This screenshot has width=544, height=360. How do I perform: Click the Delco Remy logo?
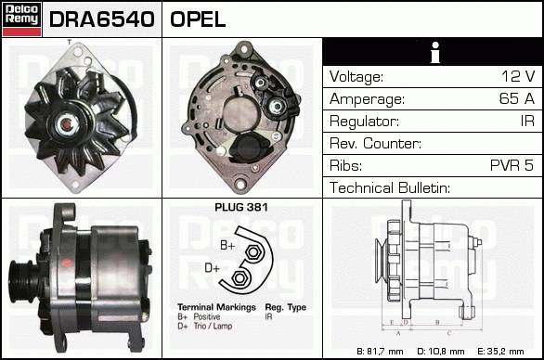point(22,19)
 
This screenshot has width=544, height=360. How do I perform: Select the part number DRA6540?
point(102,19)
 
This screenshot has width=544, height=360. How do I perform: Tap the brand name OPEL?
point(198,19)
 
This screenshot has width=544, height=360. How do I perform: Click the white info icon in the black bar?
point(435,52)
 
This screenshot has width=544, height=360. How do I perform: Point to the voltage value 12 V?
point(518,76)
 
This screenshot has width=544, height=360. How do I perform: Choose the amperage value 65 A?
point(516,98)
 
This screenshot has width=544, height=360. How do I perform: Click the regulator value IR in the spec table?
point(527,121)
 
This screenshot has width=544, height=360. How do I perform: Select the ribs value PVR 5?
point(512,165)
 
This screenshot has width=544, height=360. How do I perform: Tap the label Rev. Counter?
point(375,143)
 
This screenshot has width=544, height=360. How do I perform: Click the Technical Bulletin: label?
point(390,187)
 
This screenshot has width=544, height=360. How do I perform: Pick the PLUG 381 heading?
point(241,208)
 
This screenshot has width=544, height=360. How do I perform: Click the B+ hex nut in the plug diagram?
point(253,252)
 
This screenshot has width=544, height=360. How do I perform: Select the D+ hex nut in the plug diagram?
point(239,277)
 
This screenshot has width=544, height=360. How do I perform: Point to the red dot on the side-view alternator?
point(66,263)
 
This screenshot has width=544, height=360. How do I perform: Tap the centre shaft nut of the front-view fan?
point(66,124)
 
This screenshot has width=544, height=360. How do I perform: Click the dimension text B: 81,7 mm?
point(380,352)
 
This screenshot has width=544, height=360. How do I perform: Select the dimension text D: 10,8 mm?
point(441,352)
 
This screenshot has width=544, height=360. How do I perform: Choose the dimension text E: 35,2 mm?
point(500,352)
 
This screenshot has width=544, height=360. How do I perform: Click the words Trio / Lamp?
point(213,326)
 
